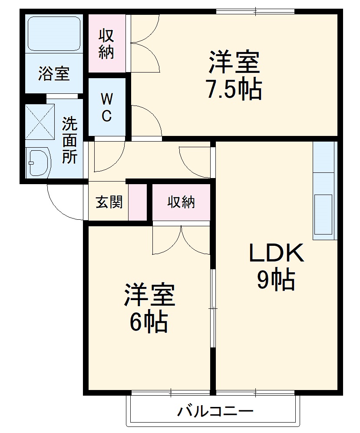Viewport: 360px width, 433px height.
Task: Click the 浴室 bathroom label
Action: (54, 74)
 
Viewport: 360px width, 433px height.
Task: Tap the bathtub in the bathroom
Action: (54, 33)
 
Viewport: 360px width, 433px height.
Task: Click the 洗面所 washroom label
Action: (69, 140)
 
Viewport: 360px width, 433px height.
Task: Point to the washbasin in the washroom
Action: (37, 163)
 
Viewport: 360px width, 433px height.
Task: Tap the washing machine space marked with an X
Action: (38, 122)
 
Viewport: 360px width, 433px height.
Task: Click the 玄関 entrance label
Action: (109, 202)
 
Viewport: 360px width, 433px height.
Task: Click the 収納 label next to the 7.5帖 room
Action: (106, 43)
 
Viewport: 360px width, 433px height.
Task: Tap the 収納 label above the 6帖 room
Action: (182, 202)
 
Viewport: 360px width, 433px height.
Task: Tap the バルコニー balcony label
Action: (215, 411)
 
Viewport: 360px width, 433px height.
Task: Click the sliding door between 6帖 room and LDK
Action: (212, 308)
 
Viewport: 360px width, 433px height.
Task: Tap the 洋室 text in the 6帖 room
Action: (149, 295)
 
